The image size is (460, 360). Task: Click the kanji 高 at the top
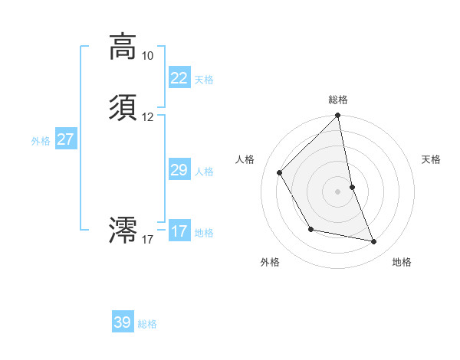click(x=123, y=47)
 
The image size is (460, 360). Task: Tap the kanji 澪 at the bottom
click(x=123, y=229)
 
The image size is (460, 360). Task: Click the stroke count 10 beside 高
click(x=147, y=56)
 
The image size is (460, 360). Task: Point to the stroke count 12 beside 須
click(x=147, y=117)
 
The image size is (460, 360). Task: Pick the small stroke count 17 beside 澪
click(x=147, y=240)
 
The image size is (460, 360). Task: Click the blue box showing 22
click(x=179, y=78)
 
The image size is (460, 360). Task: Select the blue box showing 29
click(x=179, y=170)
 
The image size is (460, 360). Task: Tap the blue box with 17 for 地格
click(x=179, y=231)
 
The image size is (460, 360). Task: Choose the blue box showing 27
click(x=66, y=139)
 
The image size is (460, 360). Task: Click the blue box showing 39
click(x=123, y=322)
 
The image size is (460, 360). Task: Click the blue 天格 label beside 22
click(x=204, y=80)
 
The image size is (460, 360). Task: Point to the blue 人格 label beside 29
click(x=204, y=172)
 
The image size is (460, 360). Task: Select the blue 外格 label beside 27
click(x=41, y=141)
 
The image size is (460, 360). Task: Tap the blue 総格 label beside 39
click(x=147, y=324)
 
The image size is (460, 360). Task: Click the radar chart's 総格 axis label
click(x=338, y=100)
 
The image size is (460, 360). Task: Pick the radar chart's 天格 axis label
click(x=431, y=159)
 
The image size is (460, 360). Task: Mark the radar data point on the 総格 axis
click(x=338, y=116)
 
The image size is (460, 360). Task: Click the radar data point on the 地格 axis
click(x=374, y=242)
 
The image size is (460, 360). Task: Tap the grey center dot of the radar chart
click(x=338, y=191)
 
